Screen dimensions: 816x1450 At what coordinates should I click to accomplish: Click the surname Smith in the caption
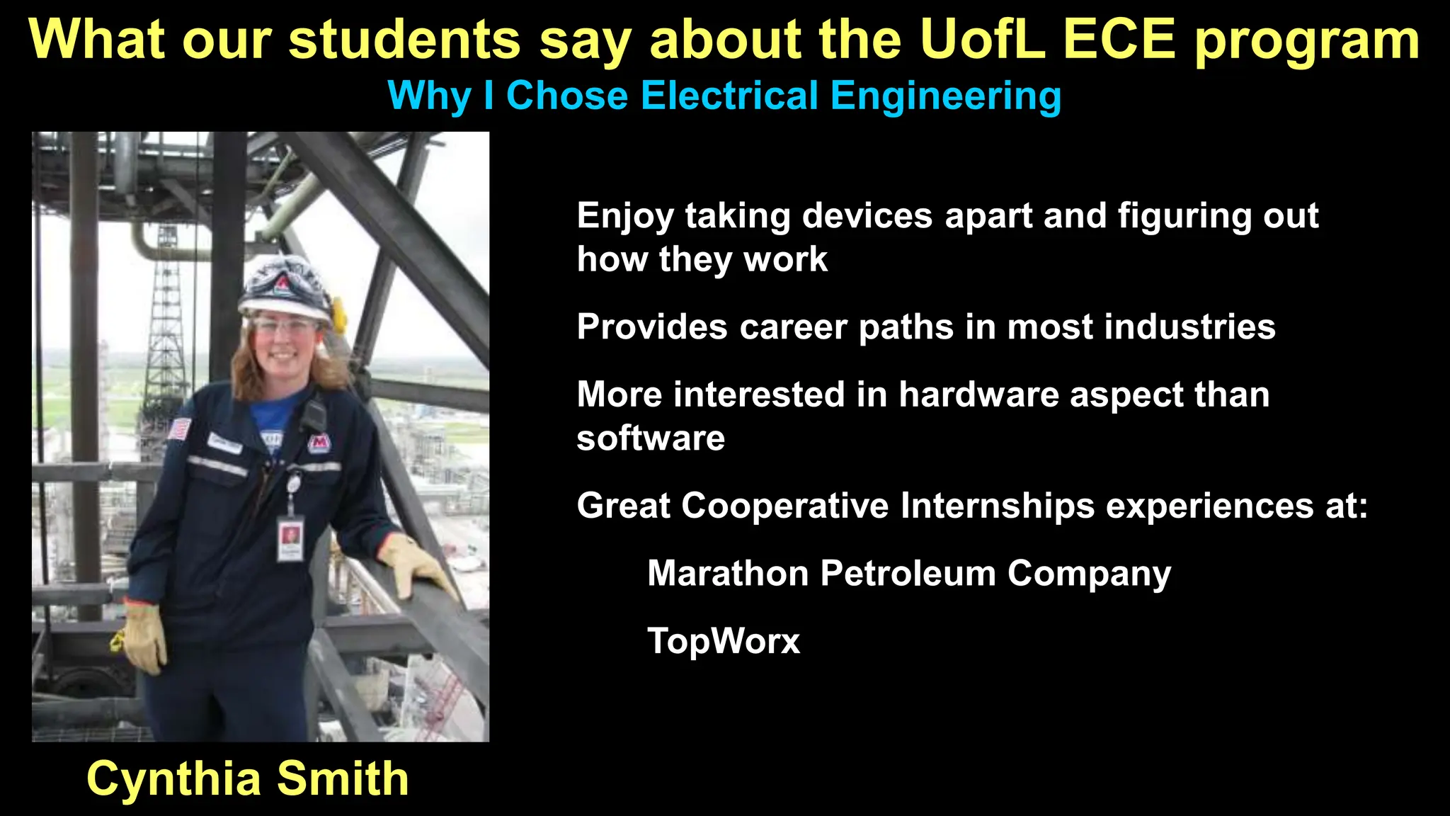343,778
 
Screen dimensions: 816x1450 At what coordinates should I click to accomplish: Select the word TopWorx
723,641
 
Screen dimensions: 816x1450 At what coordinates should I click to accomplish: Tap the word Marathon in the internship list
727,573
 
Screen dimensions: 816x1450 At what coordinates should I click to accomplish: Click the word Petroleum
908,573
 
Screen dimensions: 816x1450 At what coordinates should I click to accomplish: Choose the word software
651,438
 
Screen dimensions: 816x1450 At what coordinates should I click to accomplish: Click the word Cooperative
785,506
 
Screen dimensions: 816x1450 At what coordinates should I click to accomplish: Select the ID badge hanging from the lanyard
290,538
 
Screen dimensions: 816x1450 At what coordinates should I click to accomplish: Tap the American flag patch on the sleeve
180,429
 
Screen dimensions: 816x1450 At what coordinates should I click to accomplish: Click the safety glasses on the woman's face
285,327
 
